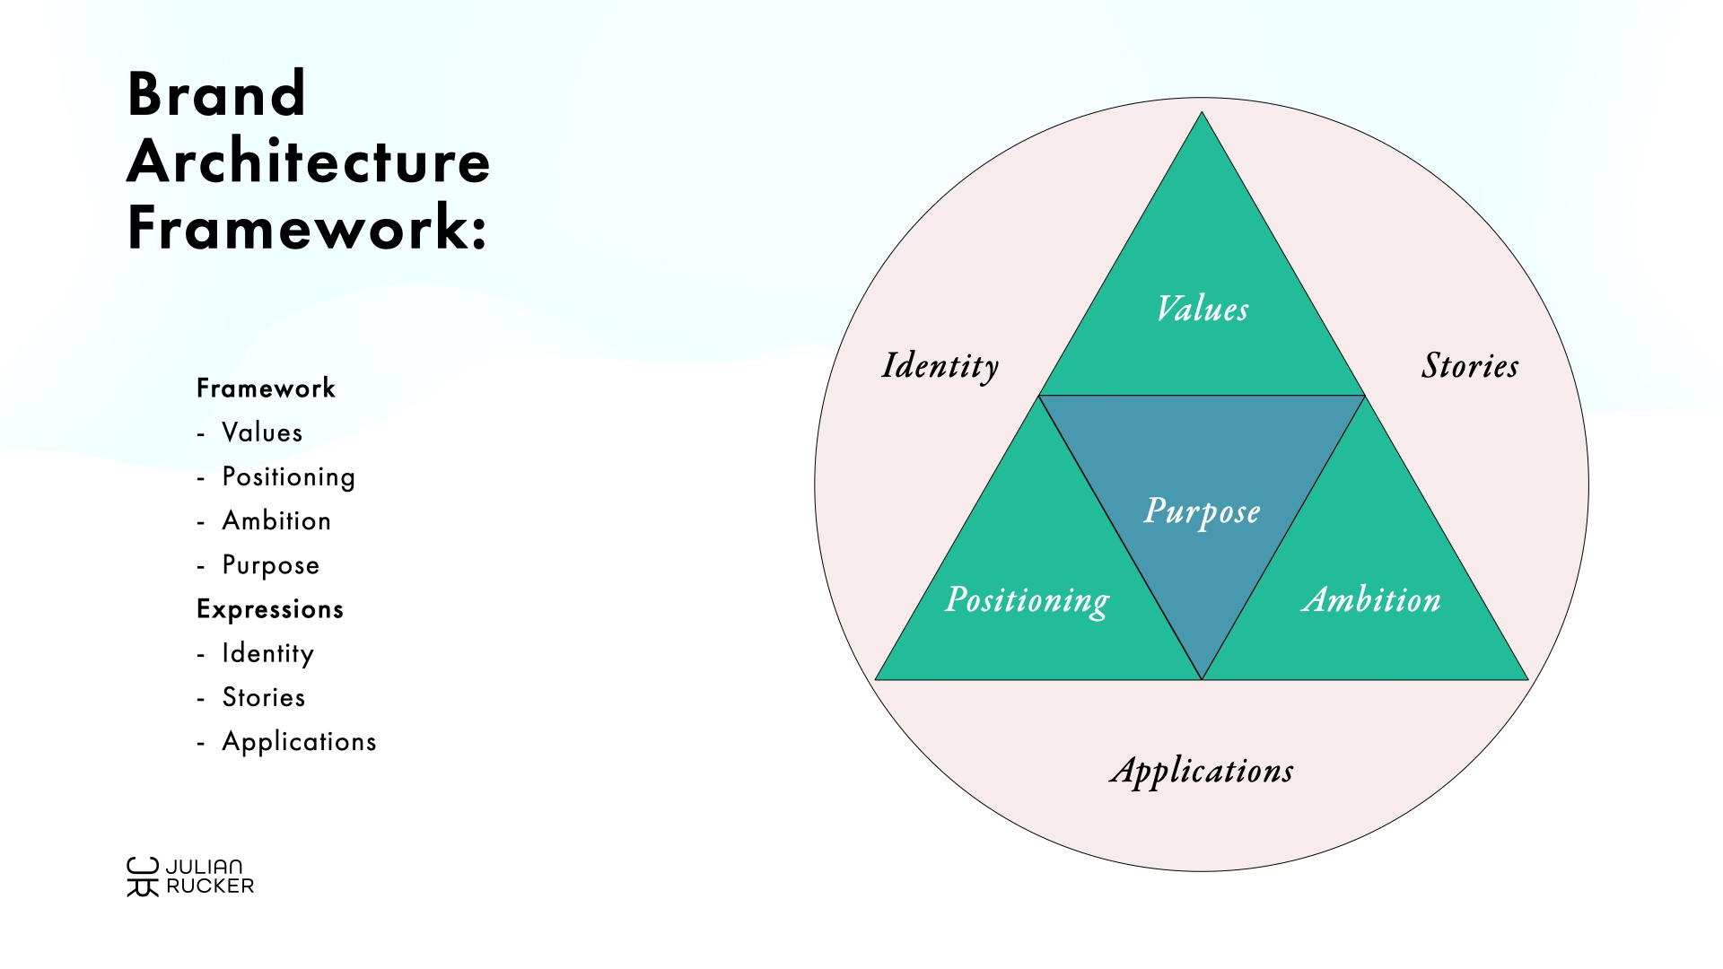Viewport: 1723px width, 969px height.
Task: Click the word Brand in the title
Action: pos(217,94)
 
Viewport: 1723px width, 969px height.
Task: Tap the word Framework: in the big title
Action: pos(307,229)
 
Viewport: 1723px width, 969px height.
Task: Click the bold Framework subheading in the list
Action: pos(266,388)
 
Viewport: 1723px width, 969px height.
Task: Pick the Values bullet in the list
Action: pos(262,432)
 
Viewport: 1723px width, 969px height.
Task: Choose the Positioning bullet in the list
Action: pos(288,476)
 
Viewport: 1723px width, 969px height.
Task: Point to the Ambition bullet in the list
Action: pos(276,520)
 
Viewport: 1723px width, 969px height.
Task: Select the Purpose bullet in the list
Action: pos(270,565)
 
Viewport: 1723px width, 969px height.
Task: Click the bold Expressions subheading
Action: pos(270,609)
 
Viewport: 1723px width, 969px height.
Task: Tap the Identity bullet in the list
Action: pos(267,653)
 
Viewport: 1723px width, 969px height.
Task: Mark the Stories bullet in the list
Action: pos(264,697)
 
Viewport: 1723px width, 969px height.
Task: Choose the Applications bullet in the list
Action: pos(299,742)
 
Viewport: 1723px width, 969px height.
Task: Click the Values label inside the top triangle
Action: pos(1202,310)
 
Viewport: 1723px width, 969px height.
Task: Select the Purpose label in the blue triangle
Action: pos(1202,511)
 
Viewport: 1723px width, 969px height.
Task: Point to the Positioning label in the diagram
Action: pos(1027,599)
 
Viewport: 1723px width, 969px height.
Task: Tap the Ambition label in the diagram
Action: pos(1371,599)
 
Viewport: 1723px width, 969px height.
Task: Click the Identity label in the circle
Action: pos(940,366)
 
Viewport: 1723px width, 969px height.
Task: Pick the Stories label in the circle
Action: pos(1470,366)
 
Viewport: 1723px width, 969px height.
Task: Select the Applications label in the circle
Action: pos(1202,771)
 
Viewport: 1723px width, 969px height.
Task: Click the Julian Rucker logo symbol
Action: pos(142,877)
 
